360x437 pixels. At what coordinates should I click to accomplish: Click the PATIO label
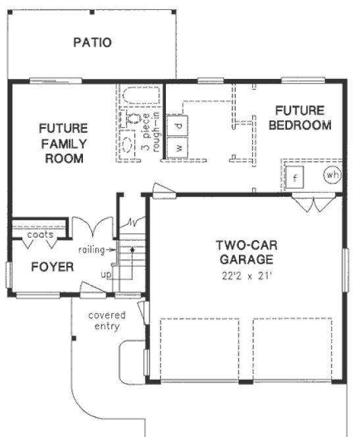click(x=92, y=43)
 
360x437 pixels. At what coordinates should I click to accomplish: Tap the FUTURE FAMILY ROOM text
click(x=63, y=143)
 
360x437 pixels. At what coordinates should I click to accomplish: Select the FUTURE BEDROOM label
click(x=299, y=118)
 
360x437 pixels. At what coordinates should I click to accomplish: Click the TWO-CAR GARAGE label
click(x=246, y=252)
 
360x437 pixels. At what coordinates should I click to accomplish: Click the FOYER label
click(x=43, y=267)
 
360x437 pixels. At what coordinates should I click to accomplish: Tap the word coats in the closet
click(x=40, y=234)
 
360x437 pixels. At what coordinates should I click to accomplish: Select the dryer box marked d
click(x=178, y=124)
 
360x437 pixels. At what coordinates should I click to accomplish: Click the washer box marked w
click(x=178, y=146)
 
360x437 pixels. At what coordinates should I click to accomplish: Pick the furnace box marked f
click(x=296, y=178)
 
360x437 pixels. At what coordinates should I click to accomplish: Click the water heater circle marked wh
click(x=332, y=176)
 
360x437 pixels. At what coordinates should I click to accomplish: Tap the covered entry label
click(x=107, y=321)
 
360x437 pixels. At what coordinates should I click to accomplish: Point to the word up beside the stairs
click(x=105, y=272)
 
